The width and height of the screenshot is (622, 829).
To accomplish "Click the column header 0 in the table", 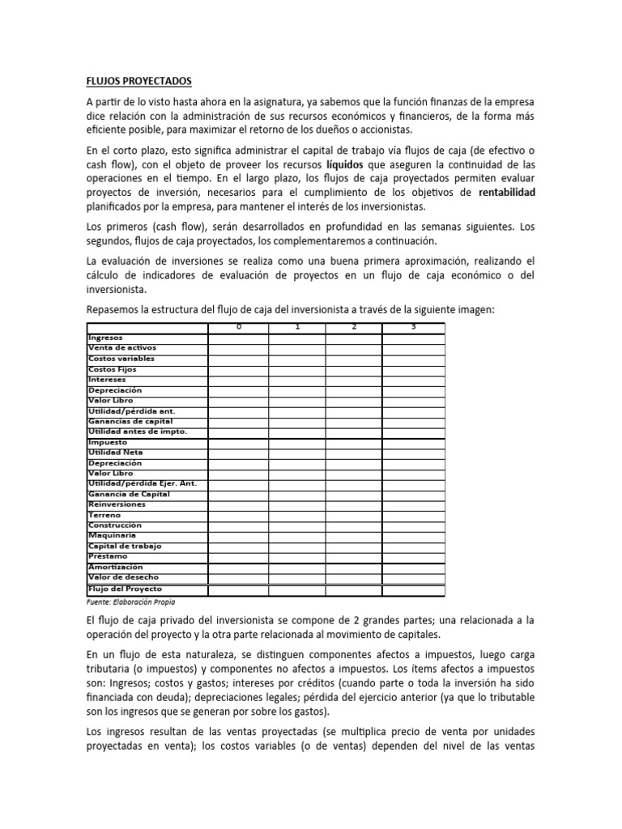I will (x=238, y=326).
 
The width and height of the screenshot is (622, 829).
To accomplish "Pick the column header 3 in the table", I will (x=413, y=326).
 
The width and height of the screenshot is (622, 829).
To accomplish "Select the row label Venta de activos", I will (x=117, y=347).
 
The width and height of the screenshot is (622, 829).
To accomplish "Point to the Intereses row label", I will (x=107, y=379).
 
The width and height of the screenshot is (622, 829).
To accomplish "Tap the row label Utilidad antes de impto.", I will (x=137, y=432).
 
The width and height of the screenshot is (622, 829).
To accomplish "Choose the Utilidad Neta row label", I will (x=114, y=453).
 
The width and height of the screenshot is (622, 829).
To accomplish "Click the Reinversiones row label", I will (x=117, y=504).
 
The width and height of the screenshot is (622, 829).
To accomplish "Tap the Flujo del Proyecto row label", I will (x=125, y=589).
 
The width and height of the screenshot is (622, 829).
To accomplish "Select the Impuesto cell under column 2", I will (x=354, y=442).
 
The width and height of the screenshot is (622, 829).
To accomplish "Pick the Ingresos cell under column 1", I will (x=297, y=337).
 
